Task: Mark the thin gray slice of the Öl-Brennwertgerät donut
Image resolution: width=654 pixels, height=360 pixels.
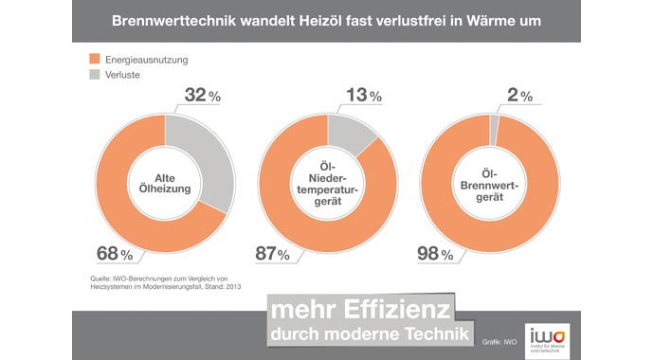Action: click(493, 119)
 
